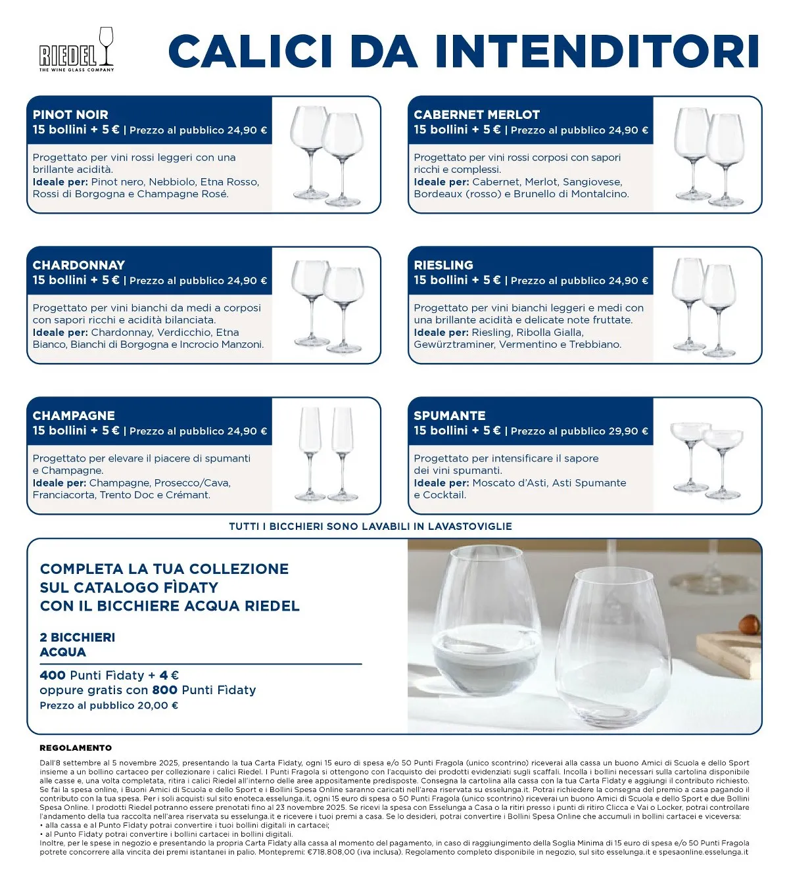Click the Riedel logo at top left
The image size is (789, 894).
click(76, 49)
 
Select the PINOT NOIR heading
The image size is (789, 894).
click(70, 115)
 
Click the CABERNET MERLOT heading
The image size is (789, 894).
click(477, 115)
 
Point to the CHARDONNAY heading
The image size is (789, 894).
click(79, 265)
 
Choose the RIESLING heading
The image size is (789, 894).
click(443, 265)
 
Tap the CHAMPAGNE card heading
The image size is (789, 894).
click(74, 415)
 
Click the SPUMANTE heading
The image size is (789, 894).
click(450, 415)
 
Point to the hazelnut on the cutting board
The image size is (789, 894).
click(749, 625)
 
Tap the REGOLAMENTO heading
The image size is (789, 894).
click(76, 748)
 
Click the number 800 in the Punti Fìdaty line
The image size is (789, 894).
click(164, 690)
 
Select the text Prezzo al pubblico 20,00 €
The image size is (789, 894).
click(109, 705)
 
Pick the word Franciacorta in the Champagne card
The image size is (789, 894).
click(64, 495)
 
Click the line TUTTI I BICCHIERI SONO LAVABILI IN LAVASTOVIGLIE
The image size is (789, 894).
click(370, 527)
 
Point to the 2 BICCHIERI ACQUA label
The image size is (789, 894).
click(78, 645)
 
